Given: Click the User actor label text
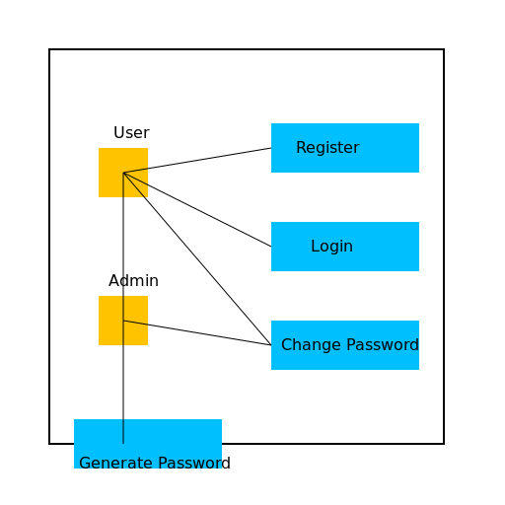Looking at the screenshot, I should [131, 133].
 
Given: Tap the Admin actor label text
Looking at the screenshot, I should [133, 281].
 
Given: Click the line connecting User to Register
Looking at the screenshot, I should [197, 161].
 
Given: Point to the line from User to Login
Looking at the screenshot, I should [197, 209].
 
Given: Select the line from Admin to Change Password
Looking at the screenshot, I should [197, 332].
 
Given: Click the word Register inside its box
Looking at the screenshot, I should [327, 148].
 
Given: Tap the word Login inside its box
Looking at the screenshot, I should [331, 247].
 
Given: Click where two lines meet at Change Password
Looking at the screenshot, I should [271, 345].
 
